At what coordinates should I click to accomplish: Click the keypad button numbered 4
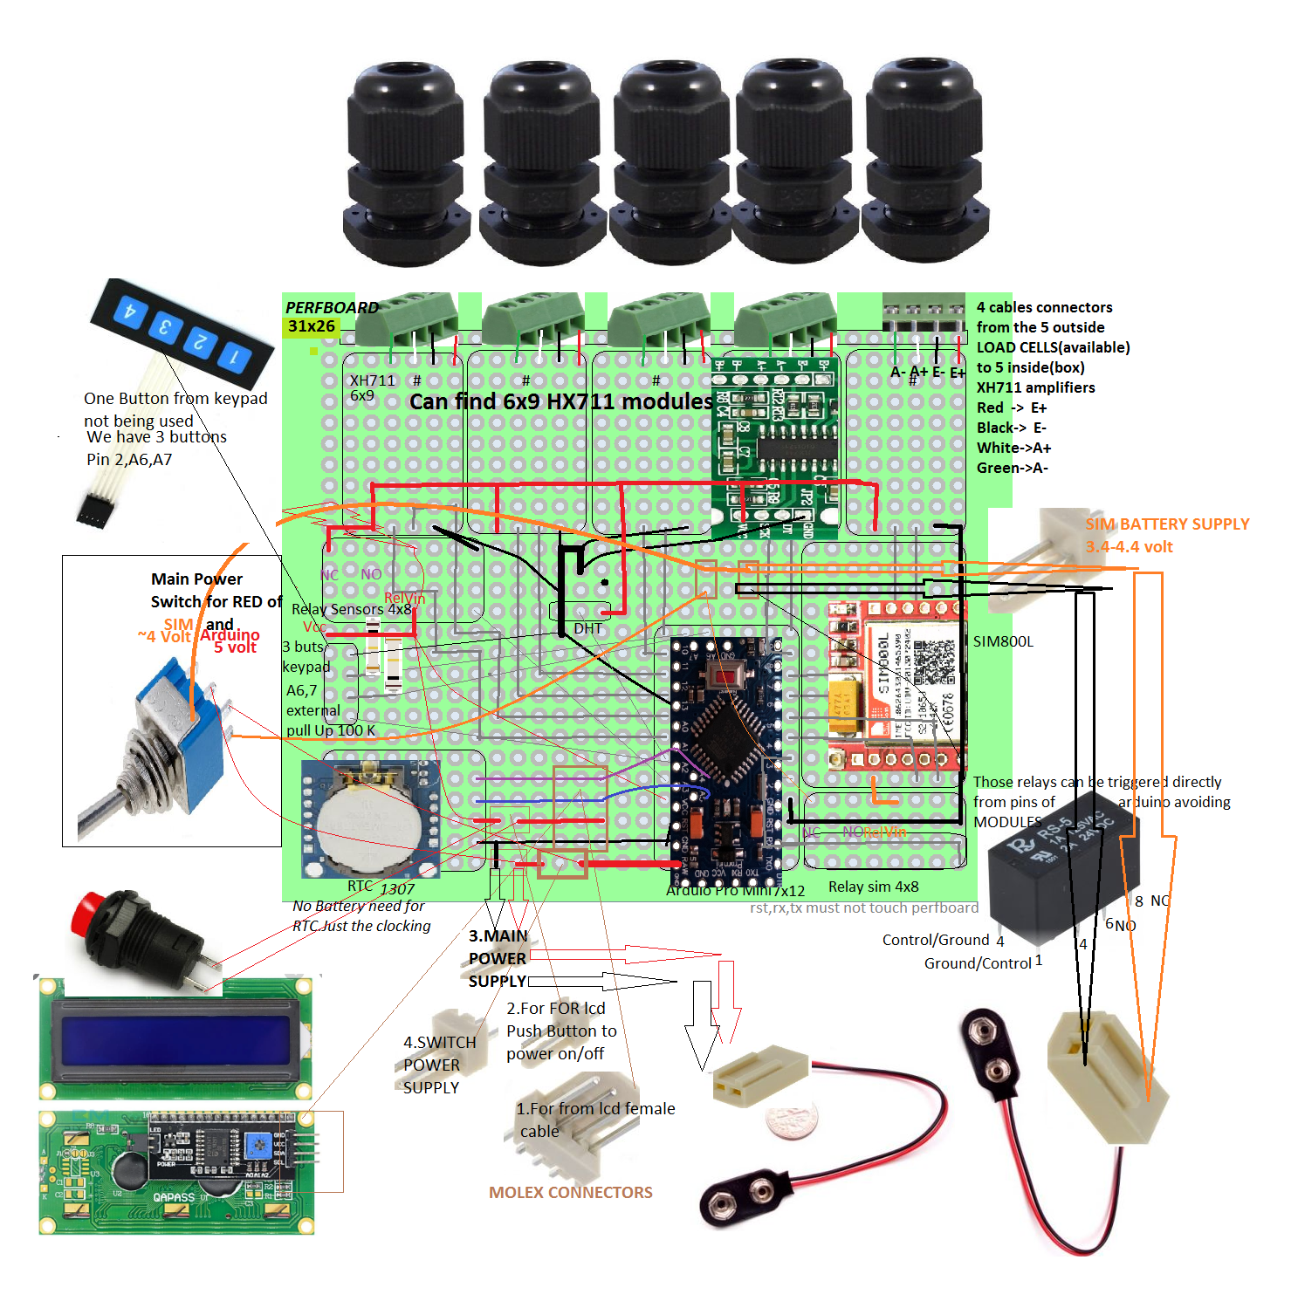pyautogui.click(x=130, y=312)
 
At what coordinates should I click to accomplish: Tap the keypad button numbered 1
pyautogui.click(x=235, y=356)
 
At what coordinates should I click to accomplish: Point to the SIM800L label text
pyautogui.click(x=1003, y=641)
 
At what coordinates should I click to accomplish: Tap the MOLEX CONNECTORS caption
pyautogui.click(x=570, y=1193)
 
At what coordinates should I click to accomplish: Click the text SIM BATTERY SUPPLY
pyautogui.click(x=1167, y=524)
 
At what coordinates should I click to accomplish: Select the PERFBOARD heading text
pyautogui.click(x=332, y=308)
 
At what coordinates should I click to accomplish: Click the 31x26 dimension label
pyautogui.click(x=312, y=326)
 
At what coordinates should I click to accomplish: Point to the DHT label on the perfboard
pyautogui.click(x=588, y=628)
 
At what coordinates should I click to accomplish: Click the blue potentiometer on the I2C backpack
pyautogui.click(x=257, y=1145)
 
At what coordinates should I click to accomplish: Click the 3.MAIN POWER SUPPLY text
pyautogui.click(x=498, y=958)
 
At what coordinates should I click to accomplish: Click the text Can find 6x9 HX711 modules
pyautogui.click(x=560, y=401)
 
